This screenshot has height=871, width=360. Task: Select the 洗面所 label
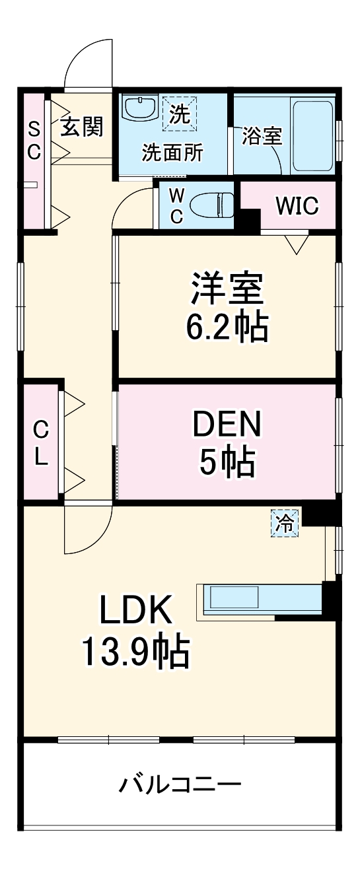click(x=173, y=153)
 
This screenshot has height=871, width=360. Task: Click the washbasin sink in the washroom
click(x=139, y=108)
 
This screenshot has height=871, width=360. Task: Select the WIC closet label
click(x=297, y=206)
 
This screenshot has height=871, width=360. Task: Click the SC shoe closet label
click(x=33, y=140)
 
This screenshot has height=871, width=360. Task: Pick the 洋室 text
click(x=227, y=289)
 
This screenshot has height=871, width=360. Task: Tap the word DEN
click(x=227, y=424)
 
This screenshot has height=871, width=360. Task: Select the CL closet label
click(x=41, y=444)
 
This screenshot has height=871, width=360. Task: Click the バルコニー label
click(x=180, y=786)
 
